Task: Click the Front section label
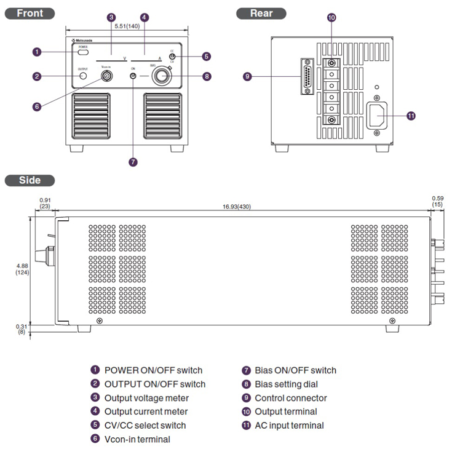30,13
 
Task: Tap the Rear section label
261,13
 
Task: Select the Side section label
30,180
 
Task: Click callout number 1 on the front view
37,52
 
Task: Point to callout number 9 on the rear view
247,77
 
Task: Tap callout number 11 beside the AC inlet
411,115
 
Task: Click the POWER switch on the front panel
82,52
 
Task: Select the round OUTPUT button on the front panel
83,76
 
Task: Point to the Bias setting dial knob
162,76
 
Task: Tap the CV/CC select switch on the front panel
172,57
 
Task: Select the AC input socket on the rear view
379,115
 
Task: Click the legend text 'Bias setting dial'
286,384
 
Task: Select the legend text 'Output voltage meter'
146,398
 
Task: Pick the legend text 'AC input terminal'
289,425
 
